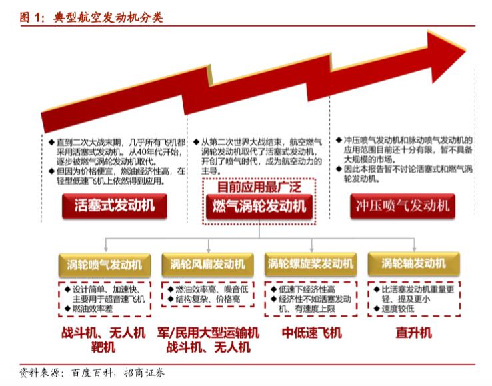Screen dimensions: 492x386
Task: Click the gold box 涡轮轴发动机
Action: [413, 264]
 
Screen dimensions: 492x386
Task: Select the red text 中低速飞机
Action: [311, 333]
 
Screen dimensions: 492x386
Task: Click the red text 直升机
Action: [413, 333]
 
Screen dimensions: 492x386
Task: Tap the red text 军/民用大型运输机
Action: [208, 333]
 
